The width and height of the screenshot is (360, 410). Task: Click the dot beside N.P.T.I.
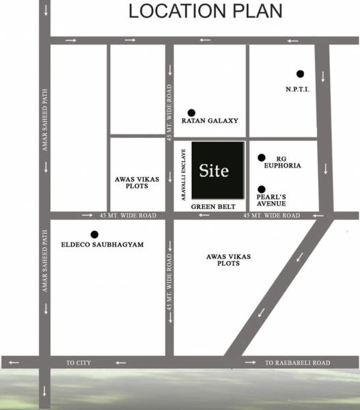(x=299, y=74)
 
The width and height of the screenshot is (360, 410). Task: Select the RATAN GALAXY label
(x=210, y=121)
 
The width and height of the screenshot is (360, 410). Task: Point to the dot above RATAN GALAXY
(x=191, y=112)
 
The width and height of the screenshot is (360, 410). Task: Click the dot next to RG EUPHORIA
(x=261, y=158)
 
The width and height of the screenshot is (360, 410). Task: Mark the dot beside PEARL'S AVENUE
(x=261, y=189)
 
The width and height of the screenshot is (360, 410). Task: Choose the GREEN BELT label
(x=212, y=206)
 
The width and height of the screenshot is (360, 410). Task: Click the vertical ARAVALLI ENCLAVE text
(x=184, y=172)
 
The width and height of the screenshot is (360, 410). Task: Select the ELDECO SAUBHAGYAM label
(x=102, y=244)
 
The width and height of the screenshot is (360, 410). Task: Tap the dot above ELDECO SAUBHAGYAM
(x=94, y=234)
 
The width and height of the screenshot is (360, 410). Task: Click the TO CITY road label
(x=79, y=362)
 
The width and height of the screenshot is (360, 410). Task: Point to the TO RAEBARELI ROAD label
(x=298, y=362)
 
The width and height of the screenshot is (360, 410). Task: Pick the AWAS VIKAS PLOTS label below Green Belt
(x=229, y=260)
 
